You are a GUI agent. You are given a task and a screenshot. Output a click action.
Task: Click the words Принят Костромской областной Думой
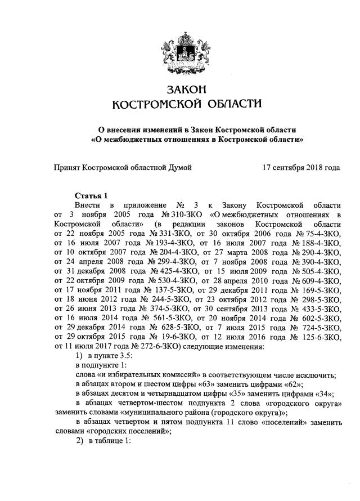(x=123, y=168)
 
